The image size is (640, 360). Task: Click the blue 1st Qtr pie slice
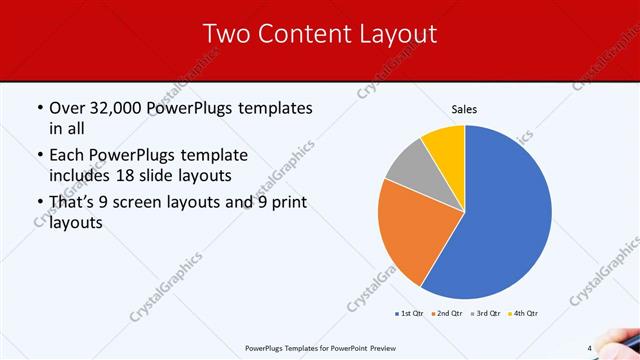[x=505, y=215]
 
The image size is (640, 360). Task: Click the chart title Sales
[x=464, y=108]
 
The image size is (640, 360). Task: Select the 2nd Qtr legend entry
[x=445, y=314]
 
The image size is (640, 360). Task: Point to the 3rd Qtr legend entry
[x=485, y=314]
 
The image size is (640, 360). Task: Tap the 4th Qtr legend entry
[x=524, y=314]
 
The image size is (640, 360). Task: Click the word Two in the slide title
[x=225, y=34]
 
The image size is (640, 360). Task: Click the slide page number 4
[x=590, y=348]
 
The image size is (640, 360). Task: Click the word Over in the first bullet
[x=66, y=107]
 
